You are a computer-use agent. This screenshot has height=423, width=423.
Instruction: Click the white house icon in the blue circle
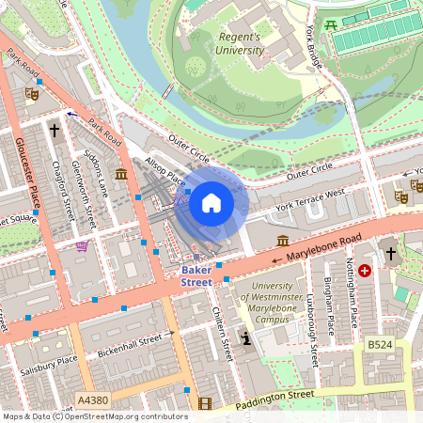(211, 203)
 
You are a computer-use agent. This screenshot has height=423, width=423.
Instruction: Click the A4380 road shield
(93, 400)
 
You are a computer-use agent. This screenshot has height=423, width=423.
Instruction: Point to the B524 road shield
(380, 346)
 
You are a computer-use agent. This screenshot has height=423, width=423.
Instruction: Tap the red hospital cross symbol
(365, 270)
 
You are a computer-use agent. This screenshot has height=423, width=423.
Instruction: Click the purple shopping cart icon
(83, 246)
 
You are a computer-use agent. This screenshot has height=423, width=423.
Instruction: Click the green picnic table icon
(330, 24)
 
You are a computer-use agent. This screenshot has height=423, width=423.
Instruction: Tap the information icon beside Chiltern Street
(245, 337)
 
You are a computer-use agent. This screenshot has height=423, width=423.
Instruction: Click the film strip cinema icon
(205, 403)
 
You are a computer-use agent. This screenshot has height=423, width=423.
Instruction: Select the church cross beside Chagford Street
(55, 130)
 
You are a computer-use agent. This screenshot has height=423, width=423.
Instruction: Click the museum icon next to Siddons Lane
(121, 174)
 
